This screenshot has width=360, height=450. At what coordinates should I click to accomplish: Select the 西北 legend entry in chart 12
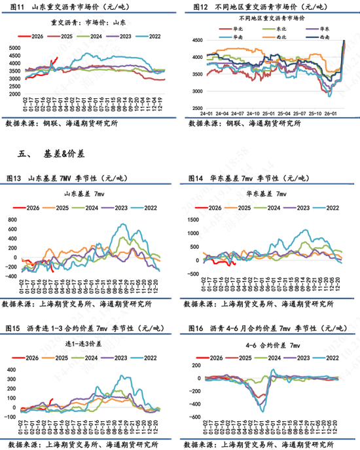(286, 38)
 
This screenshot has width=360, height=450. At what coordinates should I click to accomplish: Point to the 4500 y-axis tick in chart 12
(198, 41)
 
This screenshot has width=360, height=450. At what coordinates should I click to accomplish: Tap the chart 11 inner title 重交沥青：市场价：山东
(85, 22)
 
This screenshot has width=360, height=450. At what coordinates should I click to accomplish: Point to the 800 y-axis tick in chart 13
(13, 219)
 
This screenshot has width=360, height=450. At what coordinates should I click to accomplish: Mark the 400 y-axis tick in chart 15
(13, 360)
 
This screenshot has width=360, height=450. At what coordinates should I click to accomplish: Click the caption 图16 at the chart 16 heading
(196, 328)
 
